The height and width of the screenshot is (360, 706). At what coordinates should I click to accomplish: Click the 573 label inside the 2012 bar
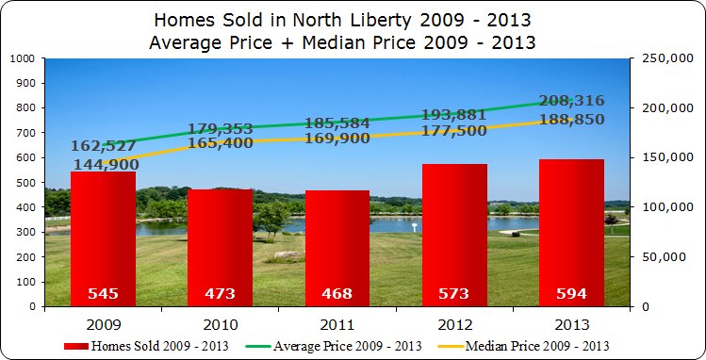point(454,294)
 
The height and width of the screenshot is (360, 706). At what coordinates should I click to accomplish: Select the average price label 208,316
point(572,101)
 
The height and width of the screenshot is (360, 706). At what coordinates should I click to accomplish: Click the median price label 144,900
point(104,165)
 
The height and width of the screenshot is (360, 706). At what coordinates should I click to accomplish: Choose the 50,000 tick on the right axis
point(661,257)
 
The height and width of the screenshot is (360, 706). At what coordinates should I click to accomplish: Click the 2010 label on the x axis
point(221,324)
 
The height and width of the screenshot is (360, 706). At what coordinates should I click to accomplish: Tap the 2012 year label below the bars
point(454,324)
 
